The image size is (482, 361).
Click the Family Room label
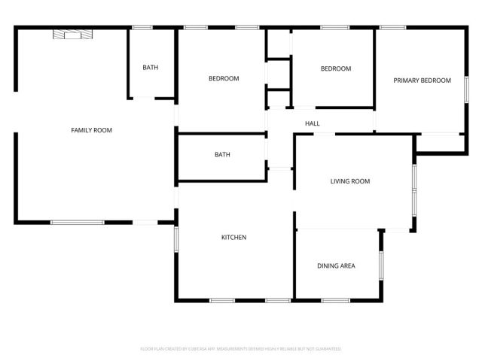point(91,130)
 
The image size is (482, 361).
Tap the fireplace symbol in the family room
point(71,34)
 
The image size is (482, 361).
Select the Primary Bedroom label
point(422,80)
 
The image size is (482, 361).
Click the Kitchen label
point(233,238)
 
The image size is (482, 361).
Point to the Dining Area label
point(336,265)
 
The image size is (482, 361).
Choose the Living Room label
point(350,181)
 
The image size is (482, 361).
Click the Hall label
point(313,123)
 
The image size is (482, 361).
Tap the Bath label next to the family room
point(151,68)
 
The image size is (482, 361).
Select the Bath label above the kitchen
point(222,155)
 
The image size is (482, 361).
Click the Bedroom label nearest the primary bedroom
point(336,69)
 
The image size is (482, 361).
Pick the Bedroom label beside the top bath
point(224,79)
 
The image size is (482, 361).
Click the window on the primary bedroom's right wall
point(466,88)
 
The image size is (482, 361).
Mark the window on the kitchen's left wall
point(176,239)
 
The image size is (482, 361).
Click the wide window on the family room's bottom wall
point(77,222)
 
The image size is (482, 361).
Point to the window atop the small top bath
point(143,28)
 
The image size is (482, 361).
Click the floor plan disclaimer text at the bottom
point(241,349)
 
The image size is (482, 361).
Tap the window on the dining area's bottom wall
point(335,301)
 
